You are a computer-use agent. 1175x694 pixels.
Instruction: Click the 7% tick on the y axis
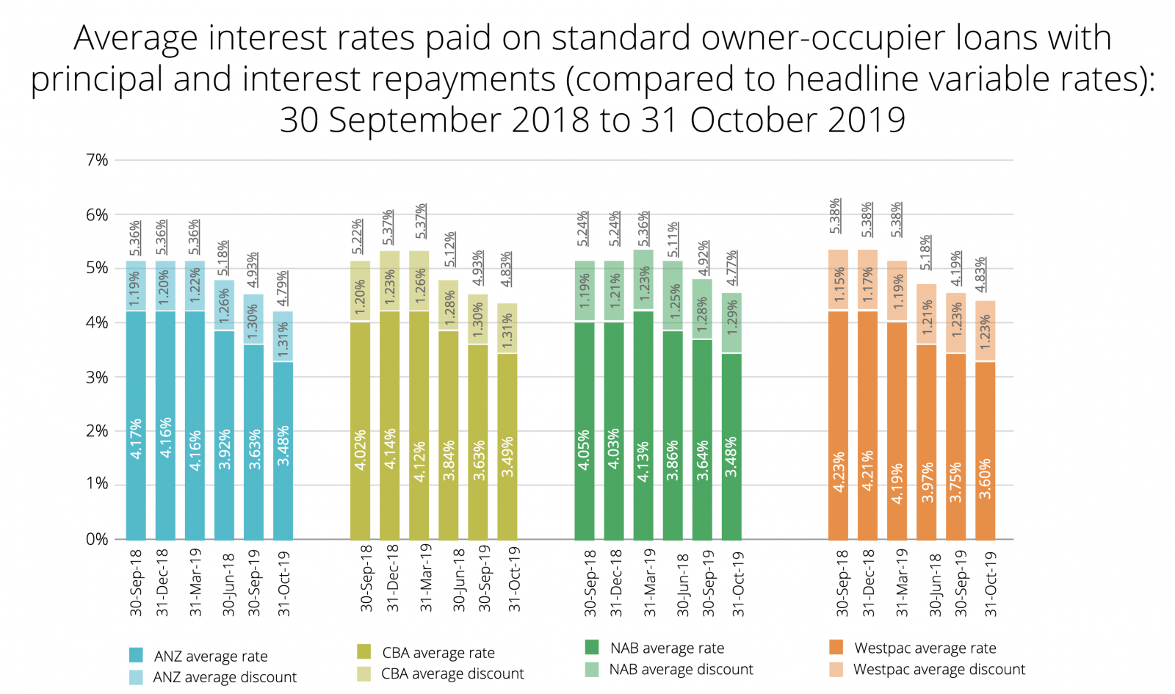coord(97,160)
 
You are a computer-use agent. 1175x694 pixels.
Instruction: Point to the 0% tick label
coord(97,540)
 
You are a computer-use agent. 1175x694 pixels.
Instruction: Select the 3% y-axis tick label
coord(97,377)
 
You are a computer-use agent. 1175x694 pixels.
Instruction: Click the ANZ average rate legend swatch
coord(137,655)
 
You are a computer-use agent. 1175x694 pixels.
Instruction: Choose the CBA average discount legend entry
coord(452,674)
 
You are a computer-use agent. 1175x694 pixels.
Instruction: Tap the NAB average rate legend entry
coord(666,648)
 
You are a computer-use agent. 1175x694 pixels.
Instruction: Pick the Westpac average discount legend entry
coord(939,670)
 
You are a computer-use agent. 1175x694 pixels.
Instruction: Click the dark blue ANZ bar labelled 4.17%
coord(136,426)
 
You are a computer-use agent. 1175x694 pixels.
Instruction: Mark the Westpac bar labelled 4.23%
coord(838,426)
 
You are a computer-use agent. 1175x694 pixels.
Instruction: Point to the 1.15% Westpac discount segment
coord(838,281)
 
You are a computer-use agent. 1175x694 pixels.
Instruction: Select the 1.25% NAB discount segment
coord(673,296)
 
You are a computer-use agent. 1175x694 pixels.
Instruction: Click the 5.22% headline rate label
coord(358,236)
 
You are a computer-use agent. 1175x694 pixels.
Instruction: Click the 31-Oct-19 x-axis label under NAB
coord(738,584)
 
